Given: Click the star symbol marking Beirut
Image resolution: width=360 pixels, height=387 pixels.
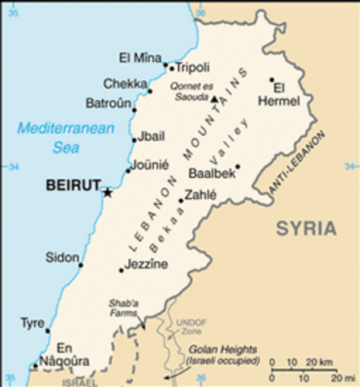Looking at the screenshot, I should [x=106, y=192].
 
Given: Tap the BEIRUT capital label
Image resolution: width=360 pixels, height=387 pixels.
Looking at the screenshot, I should [x=72, y=185].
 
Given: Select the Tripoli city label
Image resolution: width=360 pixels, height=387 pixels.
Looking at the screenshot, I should [x=192, y=68].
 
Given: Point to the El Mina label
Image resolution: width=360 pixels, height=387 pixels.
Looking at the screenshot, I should [x=135, y=58].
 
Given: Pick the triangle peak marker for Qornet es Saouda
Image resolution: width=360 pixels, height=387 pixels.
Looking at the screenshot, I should [x=214, y=99].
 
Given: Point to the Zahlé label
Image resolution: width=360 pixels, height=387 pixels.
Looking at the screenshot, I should [x=201, y=194].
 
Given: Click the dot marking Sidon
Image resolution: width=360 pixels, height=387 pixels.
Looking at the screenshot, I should [x=81, y=264].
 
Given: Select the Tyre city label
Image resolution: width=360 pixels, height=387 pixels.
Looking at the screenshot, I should [x=31, y=323].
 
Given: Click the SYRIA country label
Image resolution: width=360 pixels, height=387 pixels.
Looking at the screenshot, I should [x=306, y=228].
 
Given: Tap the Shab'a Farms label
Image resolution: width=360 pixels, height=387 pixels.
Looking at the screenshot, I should [x=125, y=309].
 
